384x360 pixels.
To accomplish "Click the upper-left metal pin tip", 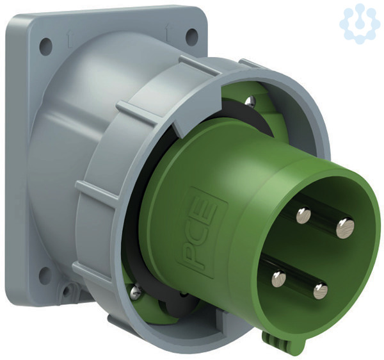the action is (303, 215).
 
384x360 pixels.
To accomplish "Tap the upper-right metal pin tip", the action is (345, 228).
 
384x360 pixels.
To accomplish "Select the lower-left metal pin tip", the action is (278, 279).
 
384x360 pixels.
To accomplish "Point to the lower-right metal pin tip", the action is (321, 291).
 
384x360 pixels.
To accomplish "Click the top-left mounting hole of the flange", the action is (46, 46).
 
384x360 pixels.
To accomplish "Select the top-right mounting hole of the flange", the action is (191, 37).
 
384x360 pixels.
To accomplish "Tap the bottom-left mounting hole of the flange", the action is (45, 274).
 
